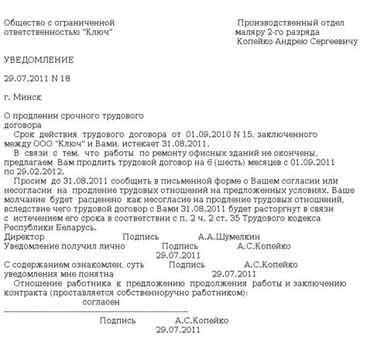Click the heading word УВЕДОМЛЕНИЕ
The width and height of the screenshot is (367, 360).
[39, 60]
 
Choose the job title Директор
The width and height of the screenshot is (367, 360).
[22, 237]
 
